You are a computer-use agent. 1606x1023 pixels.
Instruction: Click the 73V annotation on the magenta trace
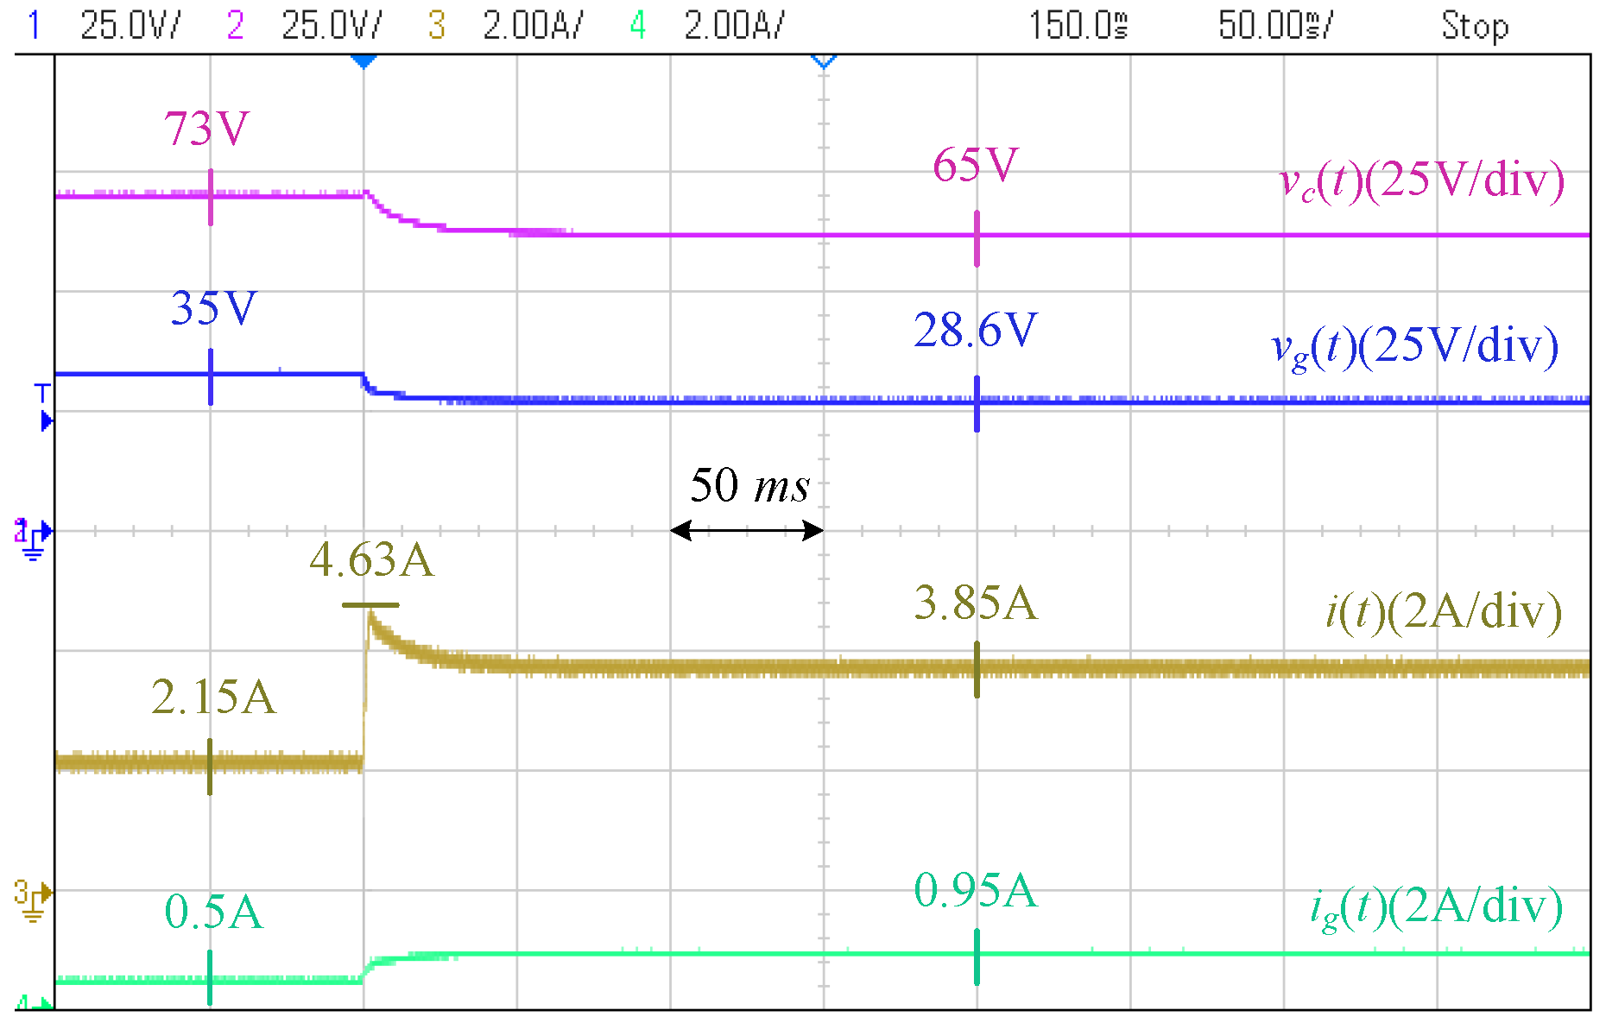(207, 129)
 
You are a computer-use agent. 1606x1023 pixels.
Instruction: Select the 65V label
(976, 165)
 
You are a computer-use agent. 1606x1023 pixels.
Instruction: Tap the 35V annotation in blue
(213, 308)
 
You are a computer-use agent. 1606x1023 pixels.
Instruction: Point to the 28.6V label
(976, 330)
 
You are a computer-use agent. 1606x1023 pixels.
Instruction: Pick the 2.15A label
(213, 697)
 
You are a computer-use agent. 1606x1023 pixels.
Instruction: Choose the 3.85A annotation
(976, 603)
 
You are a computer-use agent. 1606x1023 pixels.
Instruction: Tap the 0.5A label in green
(213, 912)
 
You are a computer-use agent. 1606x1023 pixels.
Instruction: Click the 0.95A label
(976, 890)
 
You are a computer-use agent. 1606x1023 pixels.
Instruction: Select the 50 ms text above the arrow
(749, 485)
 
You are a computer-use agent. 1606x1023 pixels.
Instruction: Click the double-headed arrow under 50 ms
(747, 530)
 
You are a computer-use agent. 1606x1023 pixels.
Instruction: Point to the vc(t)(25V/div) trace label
(1421, 181)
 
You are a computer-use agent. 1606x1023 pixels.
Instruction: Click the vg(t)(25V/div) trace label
(1415, 347)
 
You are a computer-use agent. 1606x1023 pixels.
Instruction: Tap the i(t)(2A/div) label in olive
(1444, 611)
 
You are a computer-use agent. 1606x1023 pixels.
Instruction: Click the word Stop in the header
(1475, 26)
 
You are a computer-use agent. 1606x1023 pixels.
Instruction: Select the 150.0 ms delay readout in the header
(1078, 26)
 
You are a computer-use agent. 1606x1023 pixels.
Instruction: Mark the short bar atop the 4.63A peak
(370, 605)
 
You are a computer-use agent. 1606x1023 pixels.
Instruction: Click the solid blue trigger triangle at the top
(364, 61)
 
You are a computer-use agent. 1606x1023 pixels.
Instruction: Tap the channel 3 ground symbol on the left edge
(32, 900)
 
